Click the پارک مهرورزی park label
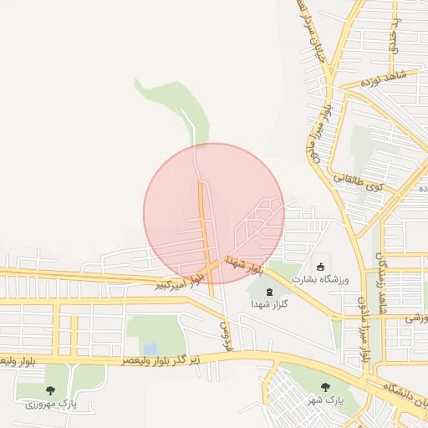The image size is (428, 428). [x=49, y=405]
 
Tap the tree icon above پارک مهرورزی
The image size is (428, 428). [x=50, y=390]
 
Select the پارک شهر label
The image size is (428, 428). [x=325, y=400]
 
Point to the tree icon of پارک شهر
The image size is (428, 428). [x=325, y=386]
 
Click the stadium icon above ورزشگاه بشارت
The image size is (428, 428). [x=319, y=267]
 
